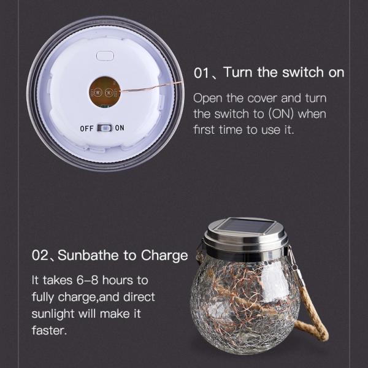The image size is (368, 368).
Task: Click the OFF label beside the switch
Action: [86, 129]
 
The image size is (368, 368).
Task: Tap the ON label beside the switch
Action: [120, 128]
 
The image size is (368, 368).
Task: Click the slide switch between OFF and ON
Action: [104, 128]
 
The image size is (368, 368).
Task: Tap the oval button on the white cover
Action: [105, 56]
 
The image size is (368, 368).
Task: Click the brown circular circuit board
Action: [105, 92]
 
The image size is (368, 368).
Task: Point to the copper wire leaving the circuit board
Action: [151, 86]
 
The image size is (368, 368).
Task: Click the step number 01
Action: [201, 73]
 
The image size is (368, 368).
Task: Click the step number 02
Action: [40, 255]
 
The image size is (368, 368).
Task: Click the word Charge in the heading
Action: [164, 256]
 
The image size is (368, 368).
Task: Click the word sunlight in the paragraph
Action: [53, 314]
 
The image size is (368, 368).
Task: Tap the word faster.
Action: [49, 331]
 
